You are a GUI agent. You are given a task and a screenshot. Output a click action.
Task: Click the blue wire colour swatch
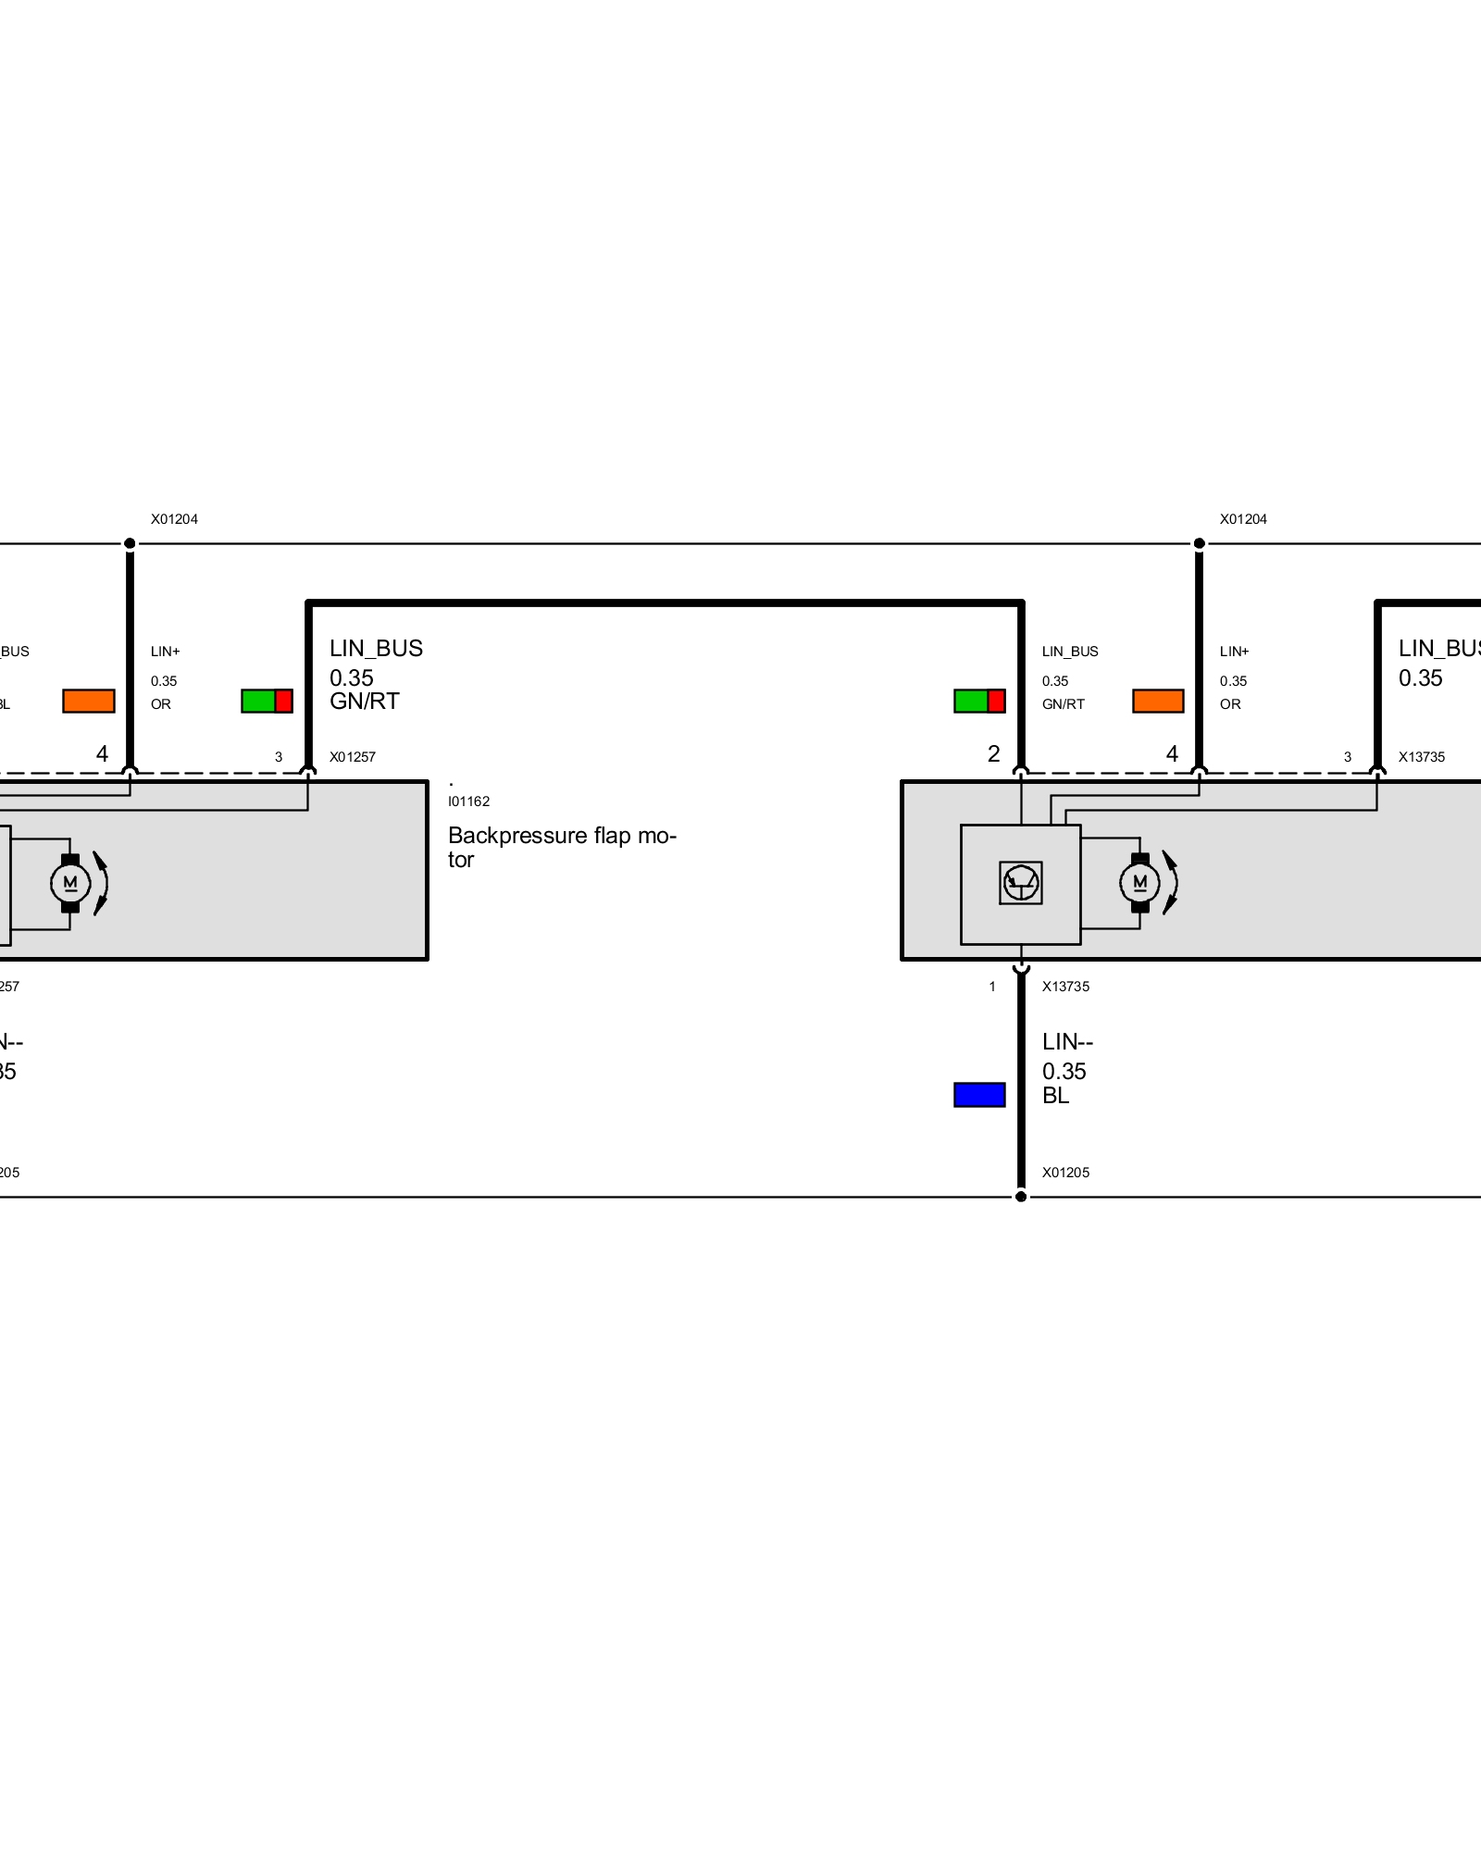pyautogui.click(x=979, y=1095)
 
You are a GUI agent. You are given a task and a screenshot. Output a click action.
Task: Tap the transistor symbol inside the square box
pyautogui.click(x=1021, y=882)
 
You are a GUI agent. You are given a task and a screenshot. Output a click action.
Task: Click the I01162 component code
pyautogui.click(x=468, y=801)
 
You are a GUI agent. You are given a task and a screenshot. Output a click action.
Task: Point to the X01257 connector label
pyautogui.click(x=353, y=757)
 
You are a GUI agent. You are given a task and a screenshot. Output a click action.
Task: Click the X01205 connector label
pyautogui.click(x=1065, y=1173)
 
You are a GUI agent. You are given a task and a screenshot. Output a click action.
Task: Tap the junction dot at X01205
pyautogui.click(x=1021, y=1197)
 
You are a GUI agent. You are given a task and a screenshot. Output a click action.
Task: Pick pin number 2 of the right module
pyautogui.click(x=993, y=754)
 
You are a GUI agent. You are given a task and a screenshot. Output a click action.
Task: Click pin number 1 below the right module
pyautogui.click(x=992, y=987)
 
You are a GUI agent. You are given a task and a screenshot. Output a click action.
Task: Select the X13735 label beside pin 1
pyautogui.click(x=1065, y=987)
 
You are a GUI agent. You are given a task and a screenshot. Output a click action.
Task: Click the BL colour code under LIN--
pyautogui.click(x=1055, y=1096)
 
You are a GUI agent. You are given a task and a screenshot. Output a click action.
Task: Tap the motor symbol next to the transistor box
pyautogui.click(x=1139, y=883)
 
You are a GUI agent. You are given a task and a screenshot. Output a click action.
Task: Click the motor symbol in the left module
pyautogui.click(x=70, y=883)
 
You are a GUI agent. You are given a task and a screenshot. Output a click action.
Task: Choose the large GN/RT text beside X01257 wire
pyautogui.click(x=365, y=702)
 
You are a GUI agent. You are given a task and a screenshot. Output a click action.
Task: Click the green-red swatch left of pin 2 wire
pyautogui.click(x=979, y=701)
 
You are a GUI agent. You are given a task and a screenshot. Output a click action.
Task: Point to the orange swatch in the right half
pyautogui.click(x=1158, y=701)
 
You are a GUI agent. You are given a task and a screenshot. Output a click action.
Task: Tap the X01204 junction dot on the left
pyautogui.click(x=131, y=543)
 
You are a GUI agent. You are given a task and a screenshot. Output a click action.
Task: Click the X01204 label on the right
pyautogui.click(x=1243, y=519)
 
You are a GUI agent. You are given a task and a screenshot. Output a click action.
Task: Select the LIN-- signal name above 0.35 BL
pyautogui.click(x=1067, y=1042)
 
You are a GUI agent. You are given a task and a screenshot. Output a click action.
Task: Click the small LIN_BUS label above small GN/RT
pyautogui.click(x=1070, y=652)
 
